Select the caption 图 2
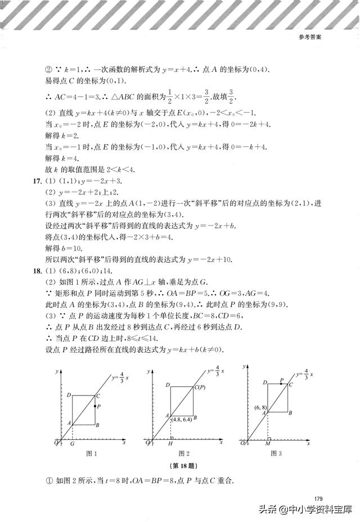click(184, 453)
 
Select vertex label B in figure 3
click(290, 413)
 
